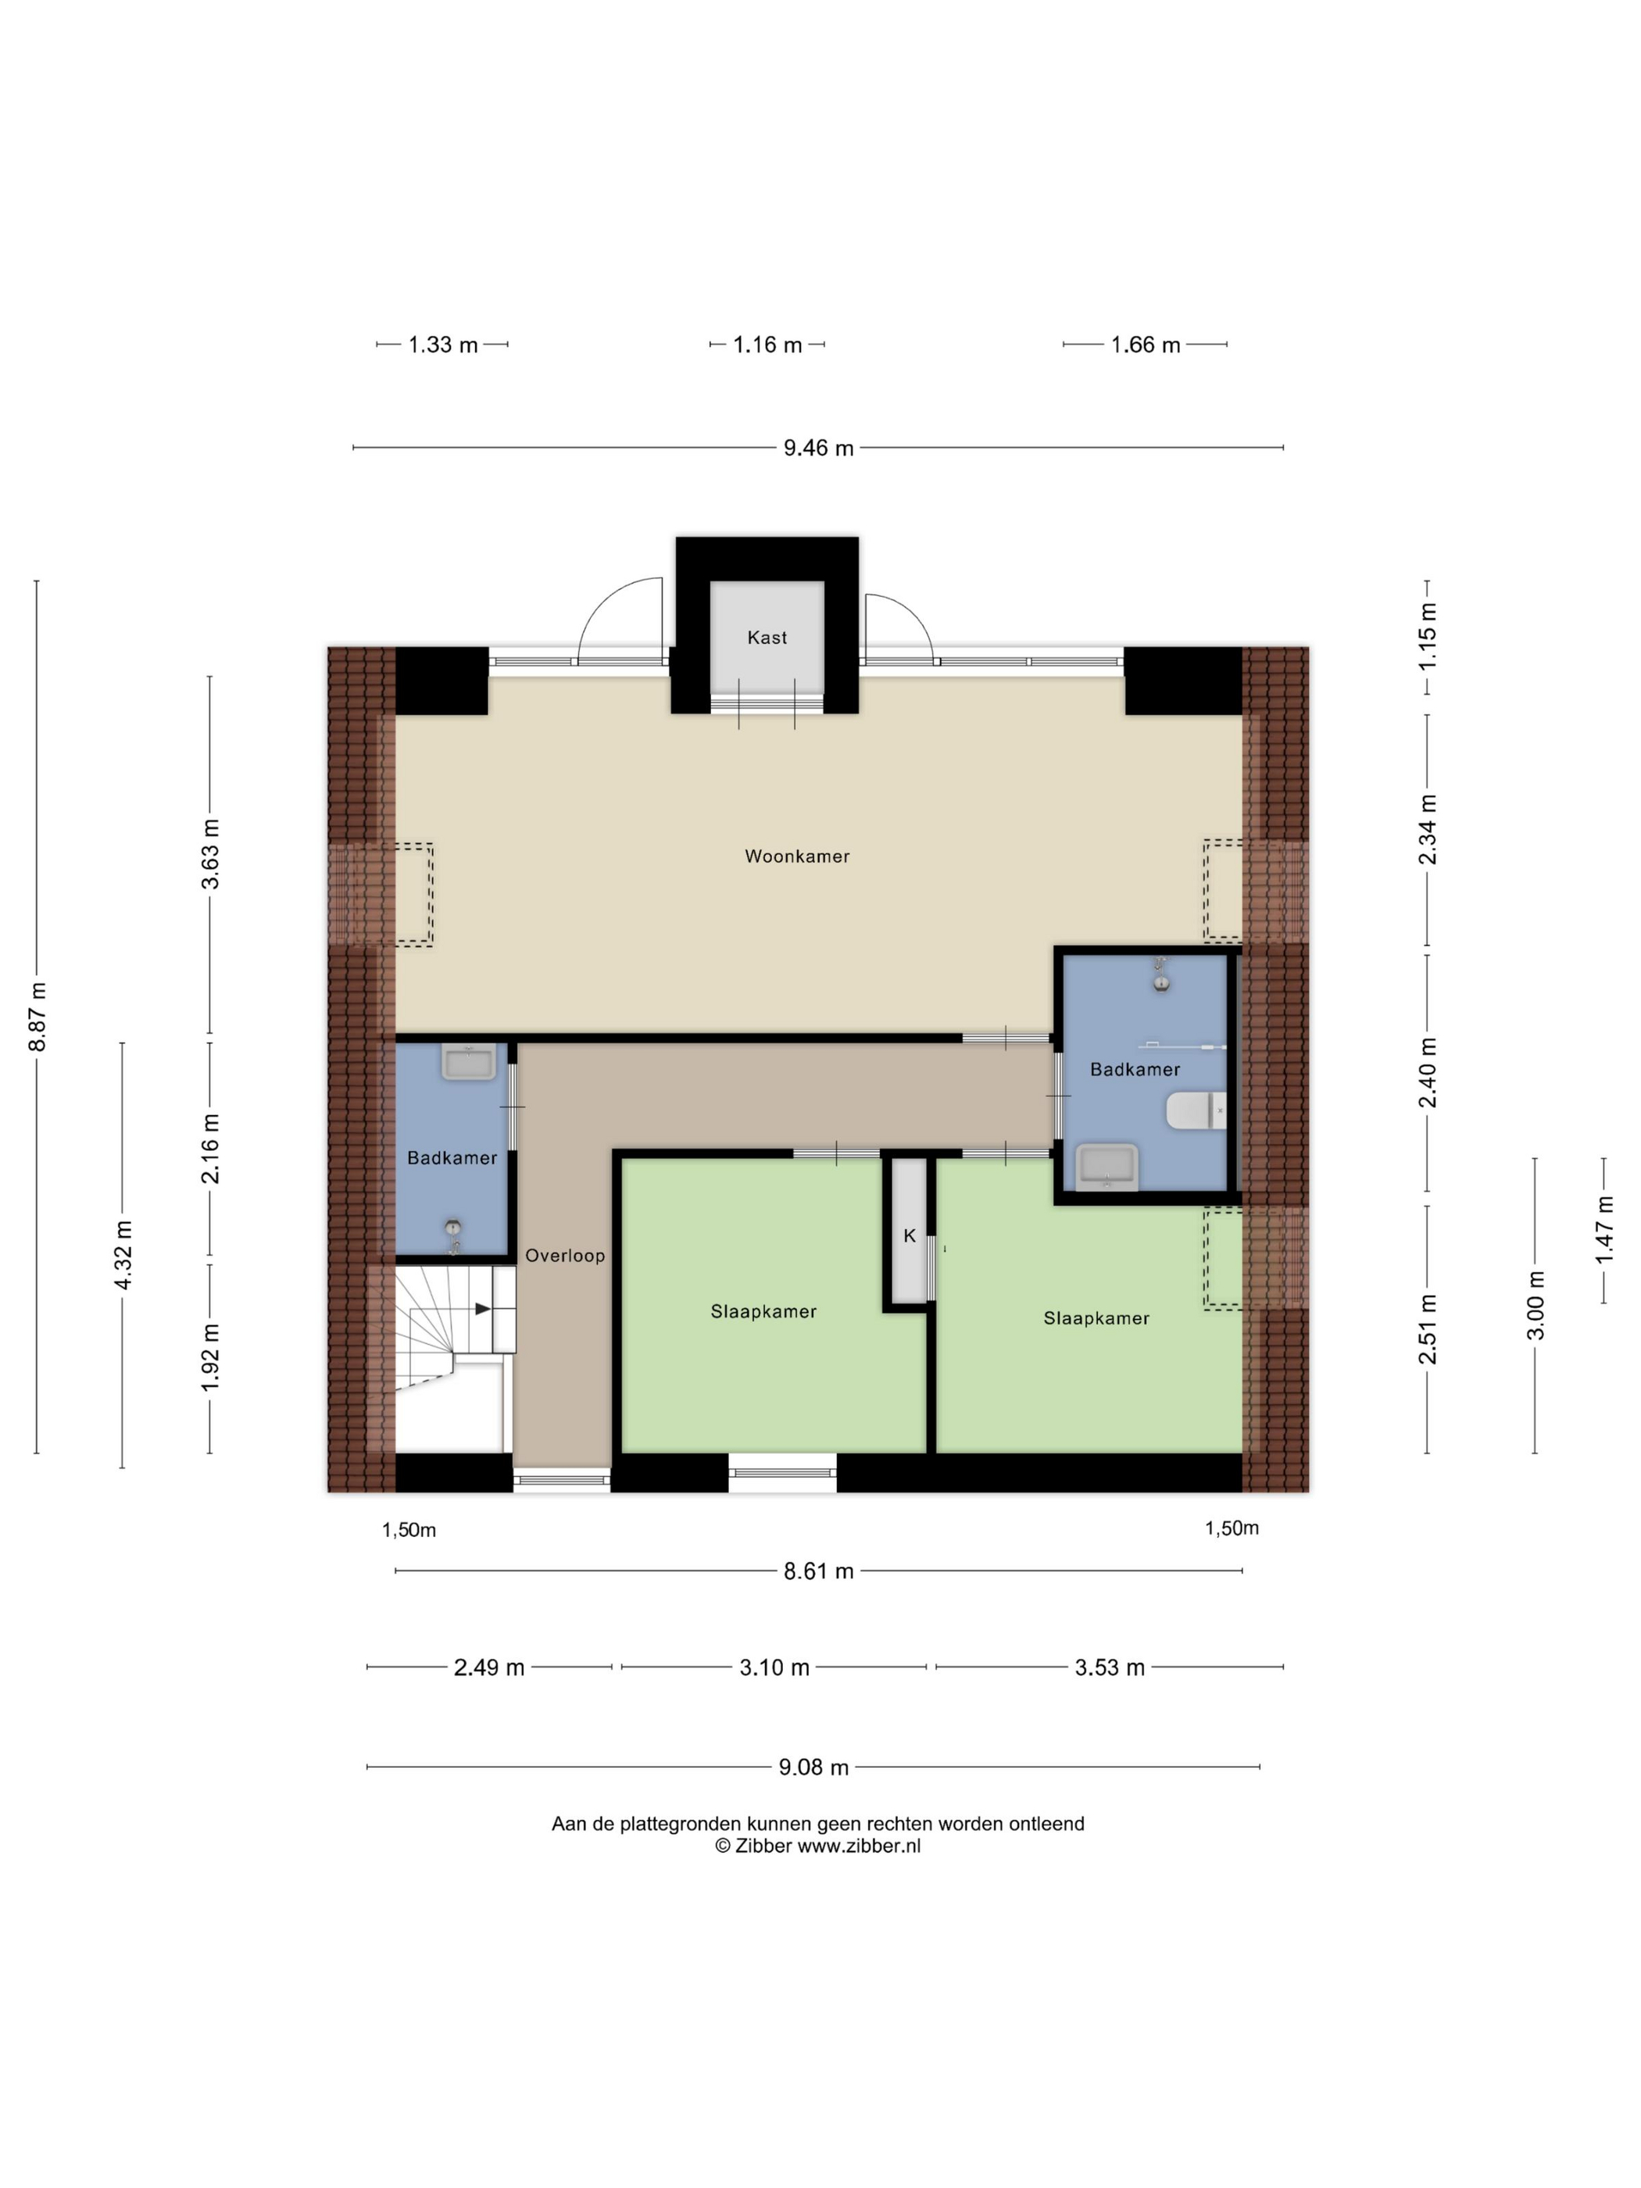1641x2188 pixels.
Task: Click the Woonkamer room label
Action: tap(796, 856)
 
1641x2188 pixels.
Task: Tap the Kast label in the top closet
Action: tap(767, 638)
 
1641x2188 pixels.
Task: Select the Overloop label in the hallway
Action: tap(565, 1255)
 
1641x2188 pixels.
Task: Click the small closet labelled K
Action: tap(909, 1231)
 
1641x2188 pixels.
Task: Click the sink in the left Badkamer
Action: tap(469, 1062)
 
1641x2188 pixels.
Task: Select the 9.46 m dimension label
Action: tap(818, 448)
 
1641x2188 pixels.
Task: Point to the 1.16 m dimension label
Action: tap(767, 345)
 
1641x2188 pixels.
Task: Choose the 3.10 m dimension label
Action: tap(774, 1668)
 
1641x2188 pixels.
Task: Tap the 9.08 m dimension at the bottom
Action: tap(813, 1768)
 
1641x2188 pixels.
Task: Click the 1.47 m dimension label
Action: tap(1603, 1228)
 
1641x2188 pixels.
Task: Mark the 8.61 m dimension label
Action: tap(818, 1571)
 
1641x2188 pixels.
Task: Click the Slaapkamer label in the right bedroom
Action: tap(1096, 1318)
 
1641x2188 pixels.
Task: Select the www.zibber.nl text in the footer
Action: tap(859, 1846)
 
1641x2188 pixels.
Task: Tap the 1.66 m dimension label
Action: tap(1146, 345)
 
